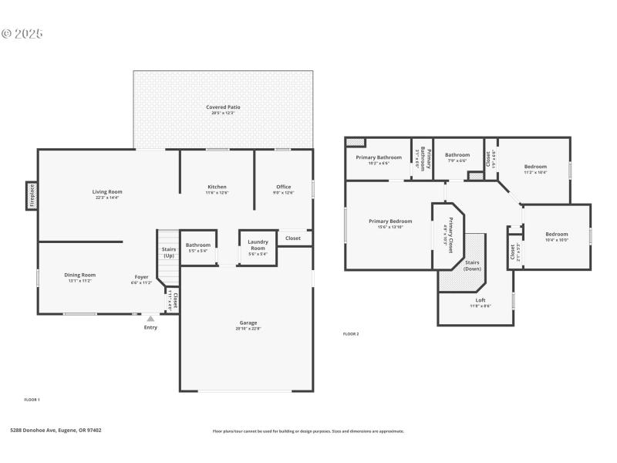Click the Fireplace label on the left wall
pyautogui.click(x=32, y=196)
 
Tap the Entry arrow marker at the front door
pyautogui.click(x=150, y=318)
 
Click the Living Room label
pyautogui.click(x=107, y=191)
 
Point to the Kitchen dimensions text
pyautogui.click(x=217, y=193)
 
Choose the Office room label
pyautogui.click(x=283, y=187)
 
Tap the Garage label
pyautogui.click(x=248, y=323)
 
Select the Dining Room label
pyautogui.click(x=79, y=275)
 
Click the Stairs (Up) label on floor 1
pyautogui.click(x=168, y=252)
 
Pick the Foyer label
pyautogui.click(x=142, y=276)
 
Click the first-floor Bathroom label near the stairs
pyautogui.click(x=197, y=245)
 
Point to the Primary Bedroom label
pyautogui.click(x=390, y=221)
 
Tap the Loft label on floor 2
pyautogui.click(x=480, y=299)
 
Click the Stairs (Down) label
pyautogui.click(x=472, y=265)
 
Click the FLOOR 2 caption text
pyautogui.click(x=351, y=334)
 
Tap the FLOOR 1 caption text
pyautogui.click(x=32, y=400)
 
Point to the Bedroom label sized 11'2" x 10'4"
pyautogui.click(x=535, y=167)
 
